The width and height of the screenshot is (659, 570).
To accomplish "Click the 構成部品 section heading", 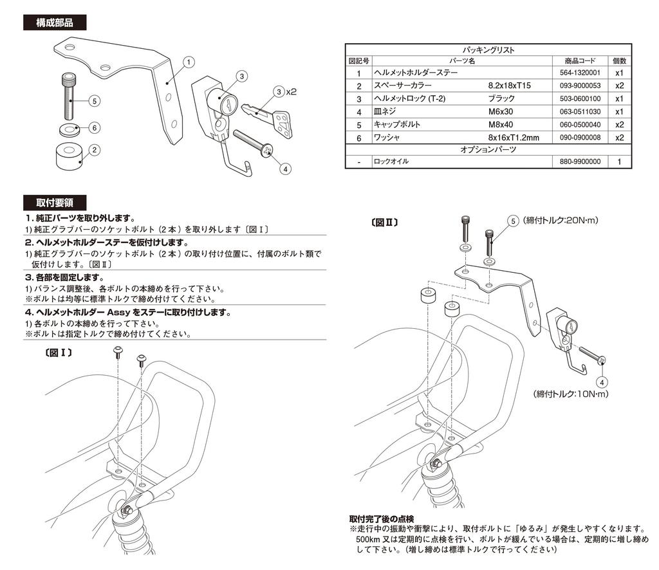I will click(54, 23).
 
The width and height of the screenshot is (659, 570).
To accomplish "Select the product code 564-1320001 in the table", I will click(579, 73).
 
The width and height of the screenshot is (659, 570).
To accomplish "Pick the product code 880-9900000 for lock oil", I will click(579, 162).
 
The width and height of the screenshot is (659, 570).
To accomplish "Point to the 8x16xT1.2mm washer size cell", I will click(513, 137).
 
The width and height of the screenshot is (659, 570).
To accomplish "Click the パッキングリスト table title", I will click(488, 50).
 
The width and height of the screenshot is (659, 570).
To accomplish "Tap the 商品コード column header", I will click(579, 60).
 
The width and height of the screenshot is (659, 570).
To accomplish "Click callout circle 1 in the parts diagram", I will click(188, 62).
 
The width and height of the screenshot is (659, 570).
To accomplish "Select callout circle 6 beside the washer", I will click(94, 127).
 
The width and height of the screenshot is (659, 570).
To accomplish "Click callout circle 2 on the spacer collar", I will click(94, 150).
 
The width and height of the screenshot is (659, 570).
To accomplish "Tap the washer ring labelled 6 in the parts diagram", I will click(69, 127).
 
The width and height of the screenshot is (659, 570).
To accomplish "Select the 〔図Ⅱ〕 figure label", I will click(384, 223).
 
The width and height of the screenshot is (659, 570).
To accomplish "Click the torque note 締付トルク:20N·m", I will click(561, 221).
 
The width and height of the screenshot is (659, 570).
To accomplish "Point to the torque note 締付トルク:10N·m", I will click(570, 393).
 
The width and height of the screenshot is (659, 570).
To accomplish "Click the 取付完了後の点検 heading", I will click(382, 519).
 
